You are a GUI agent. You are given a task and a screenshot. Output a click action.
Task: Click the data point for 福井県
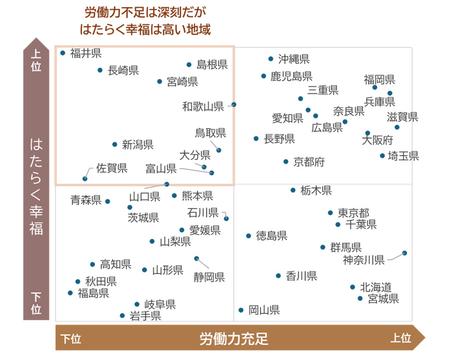tap(63, 53)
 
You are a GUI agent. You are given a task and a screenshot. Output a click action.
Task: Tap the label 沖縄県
tap(294, 59)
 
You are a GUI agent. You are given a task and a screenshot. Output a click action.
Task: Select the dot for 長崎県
tap(100, 70)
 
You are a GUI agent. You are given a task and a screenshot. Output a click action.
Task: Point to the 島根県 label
tap(212, 64)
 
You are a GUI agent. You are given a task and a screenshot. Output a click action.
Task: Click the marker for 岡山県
tap(241, 310)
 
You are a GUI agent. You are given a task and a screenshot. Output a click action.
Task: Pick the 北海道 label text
tap(376, 287)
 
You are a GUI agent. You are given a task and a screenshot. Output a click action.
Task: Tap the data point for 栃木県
tap(293, 190)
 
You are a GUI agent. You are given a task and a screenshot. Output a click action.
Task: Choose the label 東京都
tap(353, 213)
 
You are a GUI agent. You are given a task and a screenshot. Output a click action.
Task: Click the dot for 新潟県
tap(114, 145)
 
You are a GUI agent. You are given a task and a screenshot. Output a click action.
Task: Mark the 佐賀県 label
tap(112, 168)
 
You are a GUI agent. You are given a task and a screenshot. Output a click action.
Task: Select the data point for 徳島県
tap(249, 236)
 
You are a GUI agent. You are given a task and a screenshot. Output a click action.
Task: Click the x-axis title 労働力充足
tap(234, 339)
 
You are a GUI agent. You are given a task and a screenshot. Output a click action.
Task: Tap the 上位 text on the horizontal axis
tap(400, 339)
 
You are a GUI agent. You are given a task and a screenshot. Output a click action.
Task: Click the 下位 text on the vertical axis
tap(36, 303)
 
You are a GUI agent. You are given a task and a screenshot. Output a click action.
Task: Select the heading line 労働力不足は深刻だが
tap(146, 11)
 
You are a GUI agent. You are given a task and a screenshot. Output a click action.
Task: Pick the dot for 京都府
tap(286, 161)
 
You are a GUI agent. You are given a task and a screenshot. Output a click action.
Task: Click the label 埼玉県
tap(403, 156)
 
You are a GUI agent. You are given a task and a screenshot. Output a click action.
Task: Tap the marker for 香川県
tap(278, 276)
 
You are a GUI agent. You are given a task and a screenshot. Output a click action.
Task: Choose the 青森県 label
tap(86, 200)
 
